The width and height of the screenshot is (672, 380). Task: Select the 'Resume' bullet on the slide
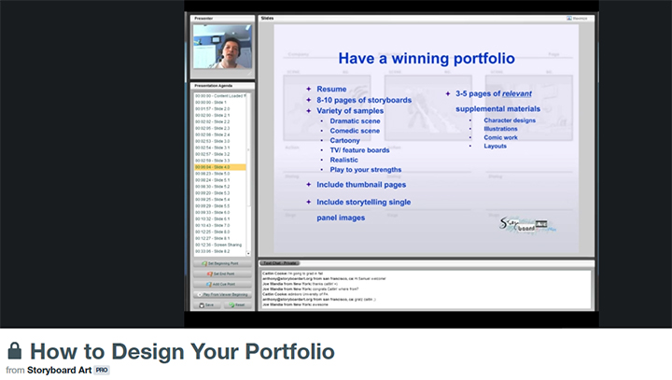[331, 89]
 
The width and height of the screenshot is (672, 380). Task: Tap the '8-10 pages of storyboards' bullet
[363, 100]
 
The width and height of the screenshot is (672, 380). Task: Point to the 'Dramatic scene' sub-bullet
[355, 121]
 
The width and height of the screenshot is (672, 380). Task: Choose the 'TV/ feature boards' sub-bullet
[359, 150]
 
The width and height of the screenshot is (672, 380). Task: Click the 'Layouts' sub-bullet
[496, 146]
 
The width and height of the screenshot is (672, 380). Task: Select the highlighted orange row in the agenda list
[219, 167]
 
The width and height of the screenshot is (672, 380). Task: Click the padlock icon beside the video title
[14, 352]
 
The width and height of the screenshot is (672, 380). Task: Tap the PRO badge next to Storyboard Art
[102, 371]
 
